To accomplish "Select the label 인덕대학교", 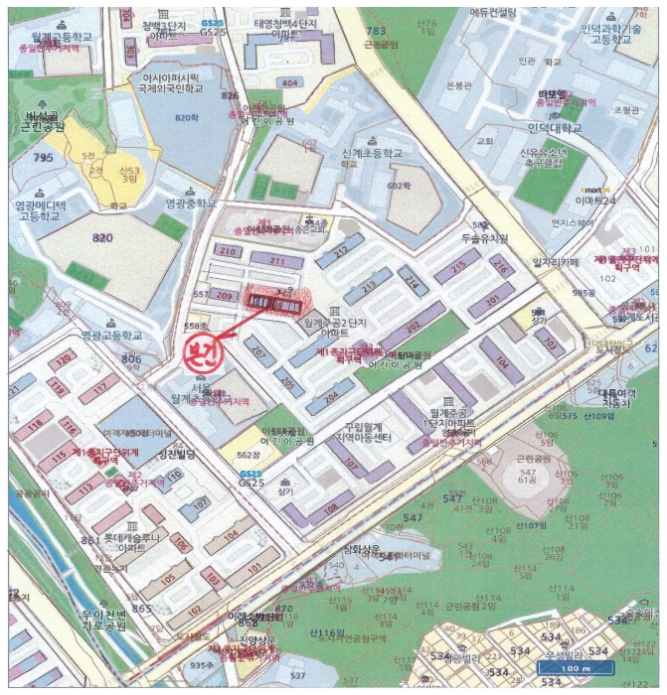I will [554, 128].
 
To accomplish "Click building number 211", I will [276, 261].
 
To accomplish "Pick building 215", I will [458, 267].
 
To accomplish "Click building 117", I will [98, 392].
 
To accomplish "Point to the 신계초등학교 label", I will [372, 154].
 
